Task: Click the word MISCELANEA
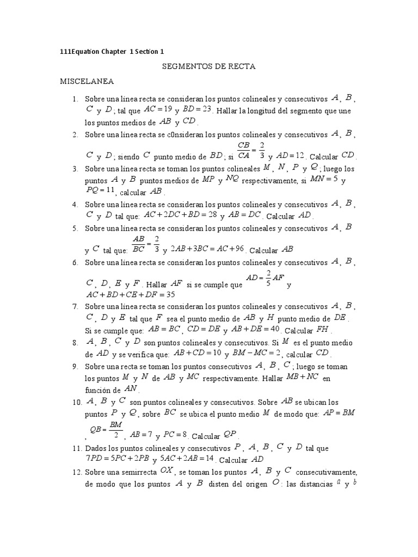87,82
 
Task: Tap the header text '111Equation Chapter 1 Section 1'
112,52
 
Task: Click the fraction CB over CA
244,150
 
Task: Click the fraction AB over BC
139,244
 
